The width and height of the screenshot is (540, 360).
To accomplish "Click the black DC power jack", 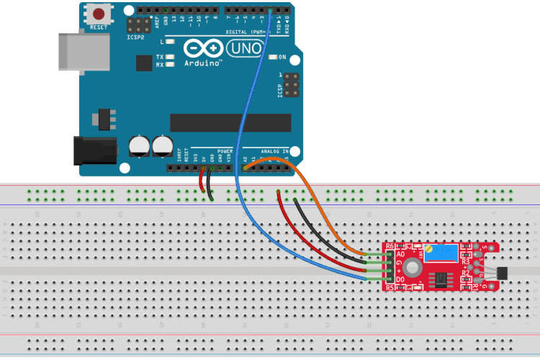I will pos(95,150).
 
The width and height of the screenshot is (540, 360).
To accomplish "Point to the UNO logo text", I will pos(243,48).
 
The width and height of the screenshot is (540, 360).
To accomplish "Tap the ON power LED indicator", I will pos(272,57).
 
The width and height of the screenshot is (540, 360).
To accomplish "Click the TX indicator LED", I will pos(170,57).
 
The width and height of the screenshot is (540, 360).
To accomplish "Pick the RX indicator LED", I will pos(170,65).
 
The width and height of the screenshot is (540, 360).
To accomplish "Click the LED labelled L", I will pos(170,42).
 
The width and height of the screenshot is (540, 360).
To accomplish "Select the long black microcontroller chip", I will pos(230,123).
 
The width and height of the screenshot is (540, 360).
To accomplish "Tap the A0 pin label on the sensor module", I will pos(400,254).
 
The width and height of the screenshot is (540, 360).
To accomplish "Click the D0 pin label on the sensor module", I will pos(400,279).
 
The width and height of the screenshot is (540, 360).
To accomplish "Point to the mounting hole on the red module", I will pos(413,267).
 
